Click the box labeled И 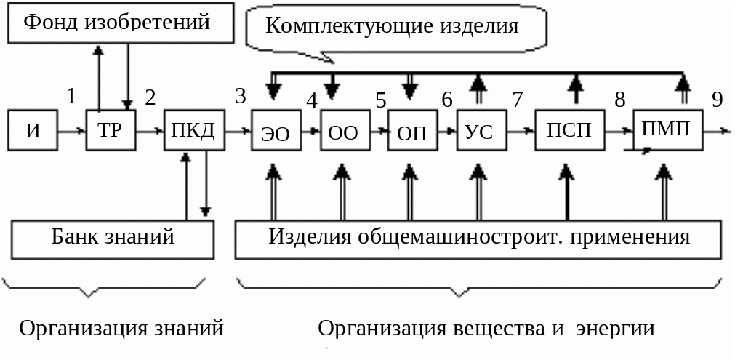click(33, 131)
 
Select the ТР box click(111, 131)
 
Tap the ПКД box click(194, 131)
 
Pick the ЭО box click(276, 132)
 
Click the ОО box click(345, 132)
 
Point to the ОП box click(412, 132)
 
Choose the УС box click(481, 132)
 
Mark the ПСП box click(569, 131)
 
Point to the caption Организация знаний click(121, 329)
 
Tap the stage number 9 click(718, 100)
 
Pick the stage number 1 click(71, 96)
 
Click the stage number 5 click(381, 100)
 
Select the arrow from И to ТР click(71, 132)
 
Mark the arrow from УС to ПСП click(520, 132)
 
